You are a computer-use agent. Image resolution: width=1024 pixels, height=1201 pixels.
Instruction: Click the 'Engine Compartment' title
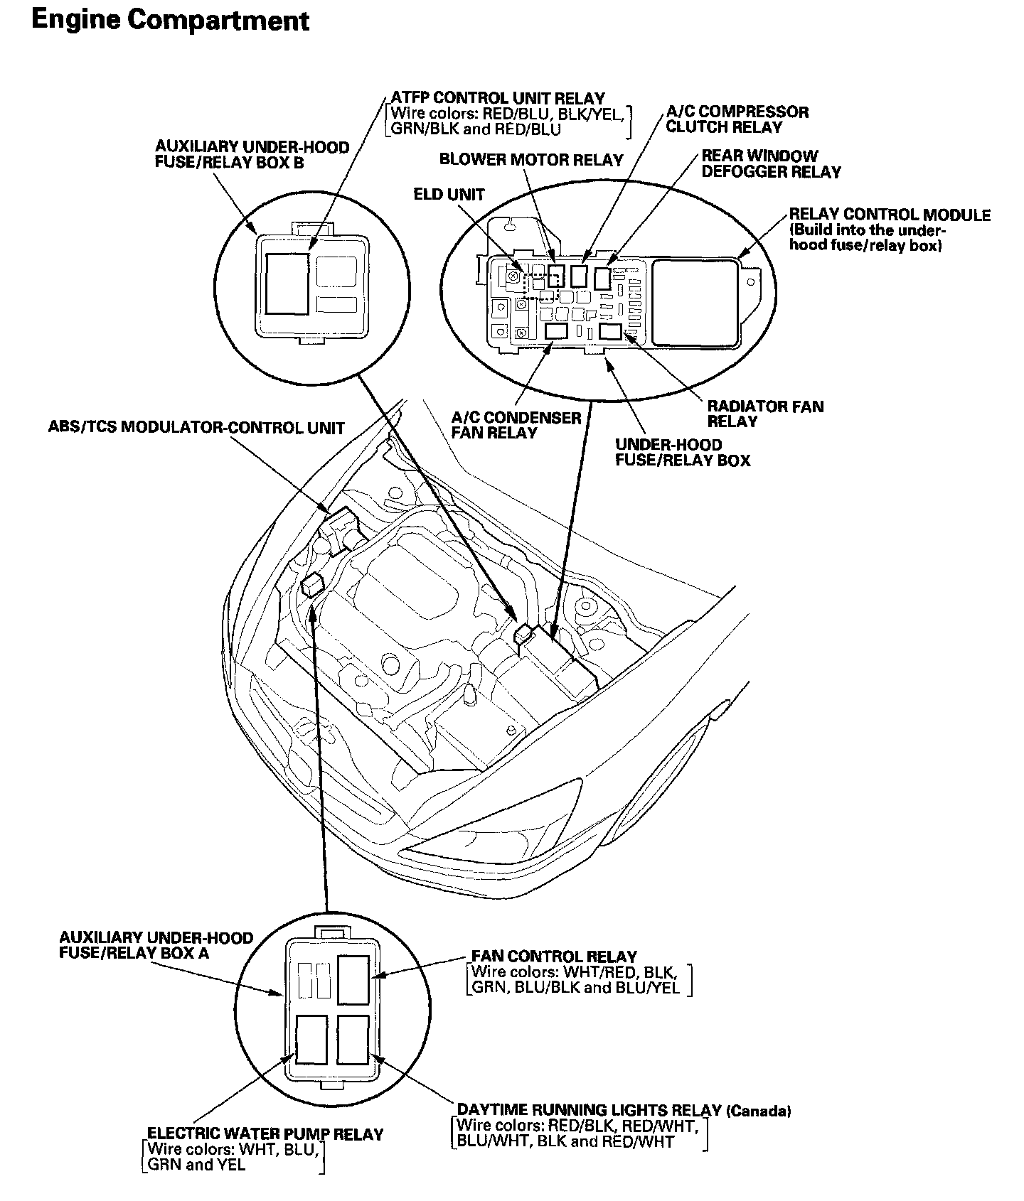coord(171,20)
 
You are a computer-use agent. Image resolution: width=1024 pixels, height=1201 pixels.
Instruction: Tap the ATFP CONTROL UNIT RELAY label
coord(498,98)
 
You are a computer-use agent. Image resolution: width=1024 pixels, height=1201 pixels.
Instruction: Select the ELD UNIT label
coord(449,194)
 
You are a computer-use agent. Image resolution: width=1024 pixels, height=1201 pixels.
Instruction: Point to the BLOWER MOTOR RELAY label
coord(530,159)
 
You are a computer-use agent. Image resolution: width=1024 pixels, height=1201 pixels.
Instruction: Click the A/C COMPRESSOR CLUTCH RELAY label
coord(737,119)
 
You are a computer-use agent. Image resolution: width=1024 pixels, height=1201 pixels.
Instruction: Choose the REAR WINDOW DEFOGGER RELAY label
coord(771,163)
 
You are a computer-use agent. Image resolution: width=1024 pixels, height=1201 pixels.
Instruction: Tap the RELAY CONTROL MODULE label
coord(889,215)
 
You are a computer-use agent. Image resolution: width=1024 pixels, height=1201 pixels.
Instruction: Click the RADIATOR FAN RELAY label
coord(765,414)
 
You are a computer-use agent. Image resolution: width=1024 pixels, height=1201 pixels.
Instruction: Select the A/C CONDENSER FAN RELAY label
coord(516,425)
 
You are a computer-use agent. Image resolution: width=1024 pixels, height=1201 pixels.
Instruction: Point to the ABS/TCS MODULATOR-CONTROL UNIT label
coord(196,428)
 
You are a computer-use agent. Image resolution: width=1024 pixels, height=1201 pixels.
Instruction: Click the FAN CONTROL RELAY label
coord(554,957)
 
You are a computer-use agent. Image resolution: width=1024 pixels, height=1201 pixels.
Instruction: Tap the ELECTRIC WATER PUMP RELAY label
coord(265,1134)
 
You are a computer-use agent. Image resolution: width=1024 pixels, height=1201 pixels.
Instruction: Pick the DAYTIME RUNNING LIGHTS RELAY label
coord(590,1110)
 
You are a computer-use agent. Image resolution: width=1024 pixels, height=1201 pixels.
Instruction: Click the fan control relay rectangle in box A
coord(353,980)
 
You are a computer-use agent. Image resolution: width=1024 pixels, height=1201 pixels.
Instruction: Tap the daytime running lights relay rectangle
coord(353,1039)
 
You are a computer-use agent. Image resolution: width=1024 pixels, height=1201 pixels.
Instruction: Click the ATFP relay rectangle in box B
coord(287,283)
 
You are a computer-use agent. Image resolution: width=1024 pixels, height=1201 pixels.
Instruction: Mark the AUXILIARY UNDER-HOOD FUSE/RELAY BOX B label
coord(252,154)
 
